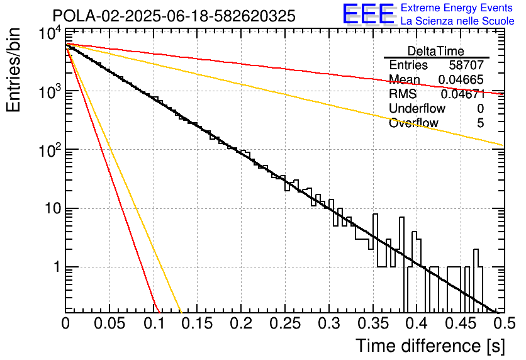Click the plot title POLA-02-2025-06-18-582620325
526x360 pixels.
(x=174, y=16)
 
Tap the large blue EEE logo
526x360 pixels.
(x=369, y=14)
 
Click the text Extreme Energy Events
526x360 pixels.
(x=457, y=8)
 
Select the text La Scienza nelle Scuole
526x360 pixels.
(x=457, y=21)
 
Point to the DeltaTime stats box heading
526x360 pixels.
(x=436, y=51)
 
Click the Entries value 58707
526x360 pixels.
(x=466, y=65)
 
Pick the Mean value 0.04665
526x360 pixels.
(x=461, y=79)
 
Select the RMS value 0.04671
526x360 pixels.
(x=463, y=94)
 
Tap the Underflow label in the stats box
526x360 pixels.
(x=417, y=108)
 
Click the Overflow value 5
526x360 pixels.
(x=480, y=123)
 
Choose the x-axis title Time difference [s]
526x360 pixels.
(x=430, y=346)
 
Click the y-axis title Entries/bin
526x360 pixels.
(x=13, y=70)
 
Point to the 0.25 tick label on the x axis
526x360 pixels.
(x=285, y=323)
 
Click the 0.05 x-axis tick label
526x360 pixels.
(x=109, y=323)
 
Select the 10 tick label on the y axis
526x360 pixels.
(x=53, y=208)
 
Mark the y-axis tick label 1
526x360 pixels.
(x=57, y=267)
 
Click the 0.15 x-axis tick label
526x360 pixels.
(x=198, y=323)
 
